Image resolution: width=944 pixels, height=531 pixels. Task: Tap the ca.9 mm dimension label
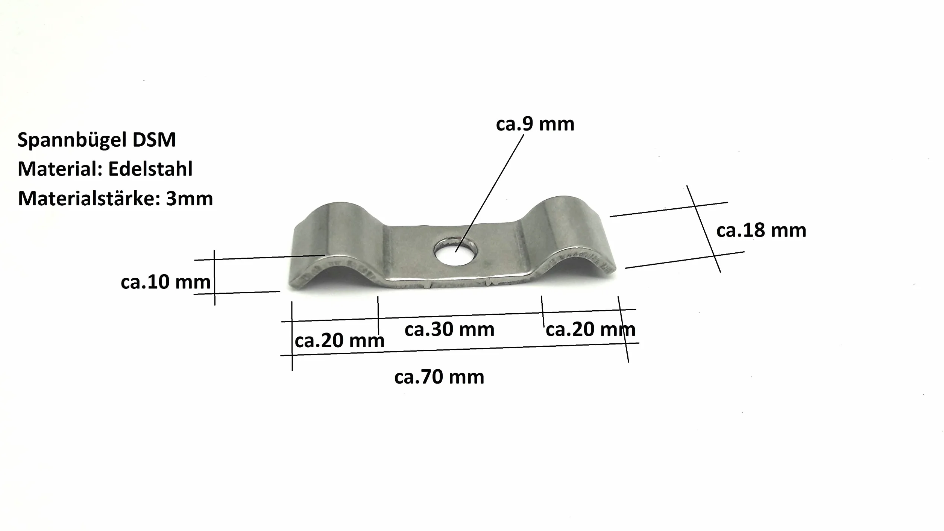[x=535, y=124]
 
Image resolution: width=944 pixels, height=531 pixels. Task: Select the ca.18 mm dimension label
[x=761, y=230]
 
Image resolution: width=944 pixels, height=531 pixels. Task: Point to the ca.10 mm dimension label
[x=165, y=282]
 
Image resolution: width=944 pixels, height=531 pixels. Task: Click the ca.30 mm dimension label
[x=449, y=329]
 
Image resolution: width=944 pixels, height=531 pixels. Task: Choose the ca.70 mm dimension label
[x=439, y=377]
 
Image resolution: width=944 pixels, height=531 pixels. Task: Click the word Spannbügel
[x=72, y=140]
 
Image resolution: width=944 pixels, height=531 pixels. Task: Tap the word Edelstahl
[x=150, y=169]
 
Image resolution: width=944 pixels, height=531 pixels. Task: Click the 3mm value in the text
[x=189, y=199]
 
